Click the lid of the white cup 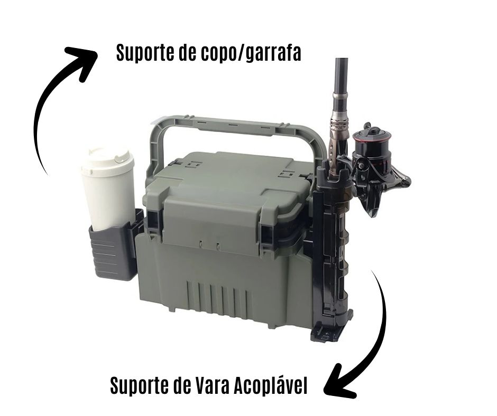point(108,160)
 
